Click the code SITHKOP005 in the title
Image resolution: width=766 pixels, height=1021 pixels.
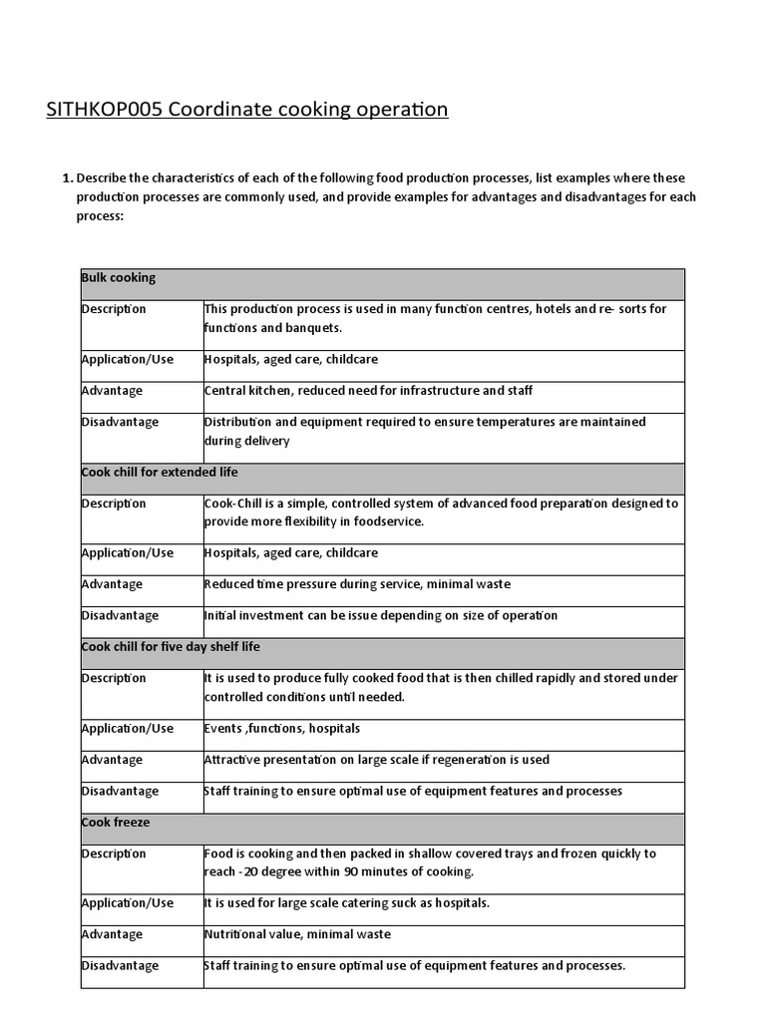tap(104, 109)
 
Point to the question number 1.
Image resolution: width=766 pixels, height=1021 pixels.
tap(67, 178)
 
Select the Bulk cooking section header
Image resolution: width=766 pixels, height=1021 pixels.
tap(119, 278)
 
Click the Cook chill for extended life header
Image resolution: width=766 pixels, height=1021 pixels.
tap(160, 472)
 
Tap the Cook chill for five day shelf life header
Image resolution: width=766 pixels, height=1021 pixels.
tap(171, 647)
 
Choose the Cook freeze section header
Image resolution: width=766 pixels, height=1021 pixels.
tap(116, 823)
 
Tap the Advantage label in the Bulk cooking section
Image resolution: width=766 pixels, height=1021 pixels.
tap(112, 391)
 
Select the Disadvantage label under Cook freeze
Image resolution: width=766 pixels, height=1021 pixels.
tap(120, 965)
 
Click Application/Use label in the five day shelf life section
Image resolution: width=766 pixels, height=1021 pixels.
tap(127, 728)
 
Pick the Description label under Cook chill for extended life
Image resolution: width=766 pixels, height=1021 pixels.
tap(114, 504)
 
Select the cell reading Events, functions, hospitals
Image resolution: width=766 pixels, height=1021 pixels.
tap(282, 728)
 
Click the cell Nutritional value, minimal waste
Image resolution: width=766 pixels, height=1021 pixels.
tap(297, 934)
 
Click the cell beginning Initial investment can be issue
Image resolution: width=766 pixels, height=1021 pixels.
tap(381, 615)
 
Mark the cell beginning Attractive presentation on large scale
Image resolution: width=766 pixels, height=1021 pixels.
tap(377, 760)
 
